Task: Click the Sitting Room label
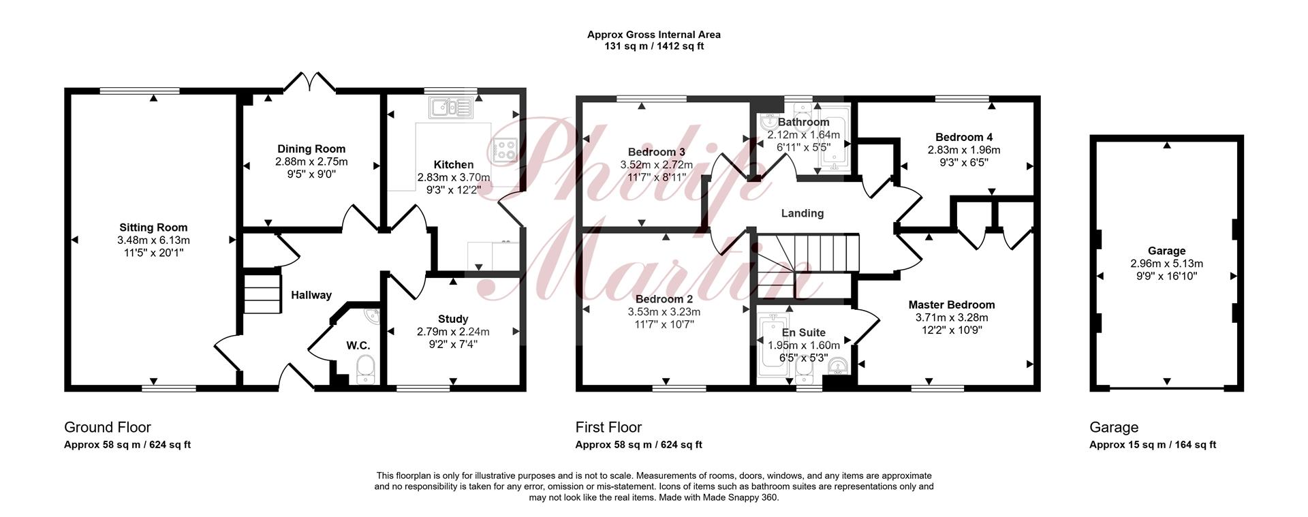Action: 153,228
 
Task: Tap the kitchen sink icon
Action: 451,107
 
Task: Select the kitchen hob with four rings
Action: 505,149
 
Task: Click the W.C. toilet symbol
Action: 367,372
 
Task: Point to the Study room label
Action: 453,319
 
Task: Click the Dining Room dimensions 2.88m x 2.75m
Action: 311,161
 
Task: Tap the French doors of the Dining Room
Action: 310,82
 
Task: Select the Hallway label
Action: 311,295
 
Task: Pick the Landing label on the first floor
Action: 802,213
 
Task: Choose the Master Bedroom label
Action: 952,304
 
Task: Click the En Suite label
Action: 803,333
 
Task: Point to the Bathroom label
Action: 803,123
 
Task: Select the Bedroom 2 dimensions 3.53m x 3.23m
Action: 664,312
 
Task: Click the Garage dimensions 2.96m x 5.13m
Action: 1166,264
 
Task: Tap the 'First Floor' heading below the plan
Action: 608,427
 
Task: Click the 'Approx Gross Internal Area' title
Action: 654,35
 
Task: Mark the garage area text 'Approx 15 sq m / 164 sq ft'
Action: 1153,445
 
